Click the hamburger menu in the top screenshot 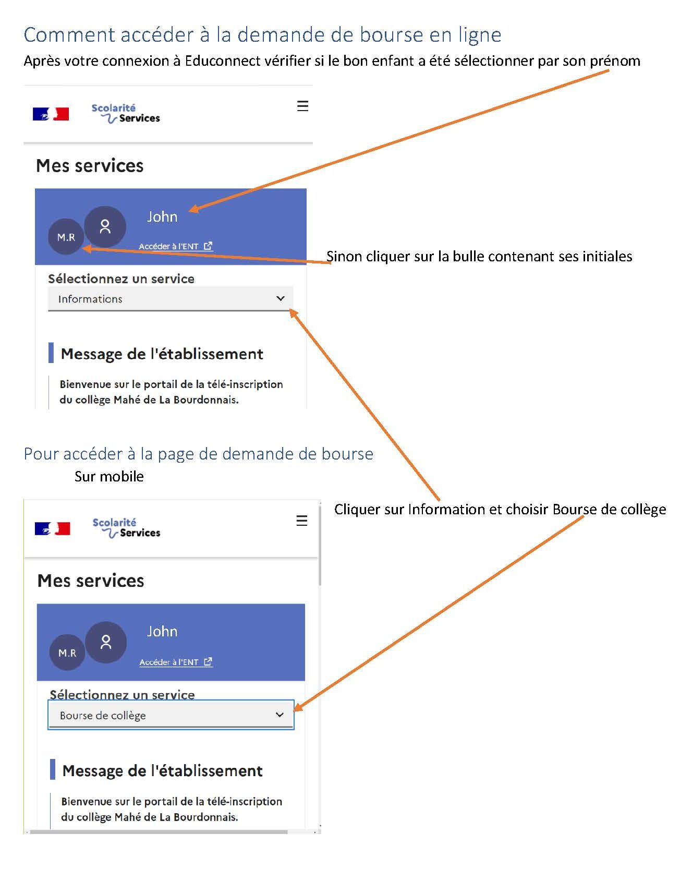click(302, 106)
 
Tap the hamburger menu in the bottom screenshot click(301, 521)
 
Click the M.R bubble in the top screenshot click(66, 237)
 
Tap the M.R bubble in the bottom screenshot click(67, 653)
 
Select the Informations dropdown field click(171, 299)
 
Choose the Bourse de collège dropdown click(171, 715)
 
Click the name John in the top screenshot click(162, 216)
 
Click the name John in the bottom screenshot click(162, 631)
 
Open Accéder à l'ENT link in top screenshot click(175, 246)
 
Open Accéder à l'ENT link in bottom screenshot click(176, 662)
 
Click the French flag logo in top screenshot click(51, 114)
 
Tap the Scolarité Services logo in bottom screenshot click(126, 527)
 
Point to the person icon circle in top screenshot click(105, 226)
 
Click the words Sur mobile click(109, 476)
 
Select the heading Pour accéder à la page click(198, 454)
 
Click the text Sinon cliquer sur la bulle click(479, 256)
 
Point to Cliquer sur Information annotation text click(500, 509)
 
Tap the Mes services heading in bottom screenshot click(91, 581)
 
